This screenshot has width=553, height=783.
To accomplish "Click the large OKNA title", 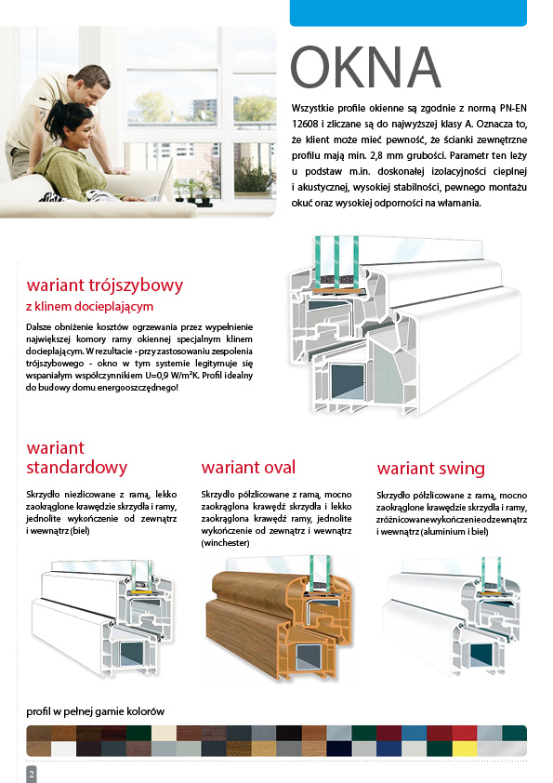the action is click(365, 67).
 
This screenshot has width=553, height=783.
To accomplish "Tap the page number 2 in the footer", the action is click(32, 774).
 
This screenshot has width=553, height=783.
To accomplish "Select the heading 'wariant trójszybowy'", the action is click(105, 285).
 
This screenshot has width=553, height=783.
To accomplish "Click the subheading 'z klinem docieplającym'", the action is click(90, 306).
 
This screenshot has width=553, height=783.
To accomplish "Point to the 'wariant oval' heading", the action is click(248, 468).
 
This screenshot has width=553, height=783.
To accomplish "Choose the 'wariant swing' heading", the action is click(430, 469).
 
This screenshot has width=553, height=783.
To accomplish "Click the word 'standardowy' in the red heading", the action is click(77, 468).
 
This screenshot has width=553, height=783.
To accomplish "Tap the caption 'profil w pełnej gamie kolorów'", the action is click(96, 711).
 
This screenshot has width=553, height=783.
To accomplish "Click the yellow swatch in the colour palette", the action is click(464, 749).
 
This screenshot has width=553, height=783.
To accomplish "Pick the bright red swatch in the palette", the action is click(464, 734).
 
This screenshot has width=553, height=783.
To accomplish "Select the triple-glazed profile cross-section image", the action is click(405, 325).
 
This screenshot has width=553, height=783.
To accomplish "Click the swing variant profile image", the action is click(451, 617).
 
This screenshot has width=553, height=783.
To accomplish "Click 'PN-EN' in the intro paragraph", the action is click(513, 109).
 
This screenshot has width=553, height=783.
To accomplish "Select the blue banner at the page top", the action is click(408, 13).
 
